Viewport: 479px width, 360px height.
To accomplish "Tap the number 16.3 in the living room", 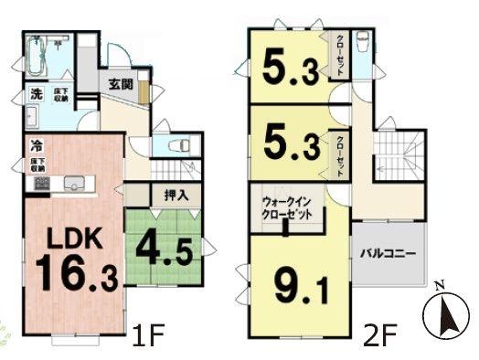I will click(77, 273).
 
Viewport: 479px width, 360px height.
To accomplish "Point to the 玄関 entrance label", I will click(122, 84).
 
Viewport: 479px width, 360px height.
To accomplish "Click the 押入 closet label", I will click(176, 194).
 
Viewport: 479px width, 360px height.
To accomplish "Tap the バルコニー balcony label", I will click(388, 253).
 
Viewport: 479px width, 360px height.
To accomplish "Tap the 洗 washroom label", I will click(36, 93).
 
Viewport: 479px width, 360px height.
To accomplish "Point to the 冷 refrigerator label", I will click(36, 144).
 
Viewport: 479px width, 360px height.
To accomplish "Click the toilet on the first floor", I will click(177, 145).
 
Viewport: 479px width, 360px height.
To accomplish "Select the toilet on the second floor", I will click(361, 44).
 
